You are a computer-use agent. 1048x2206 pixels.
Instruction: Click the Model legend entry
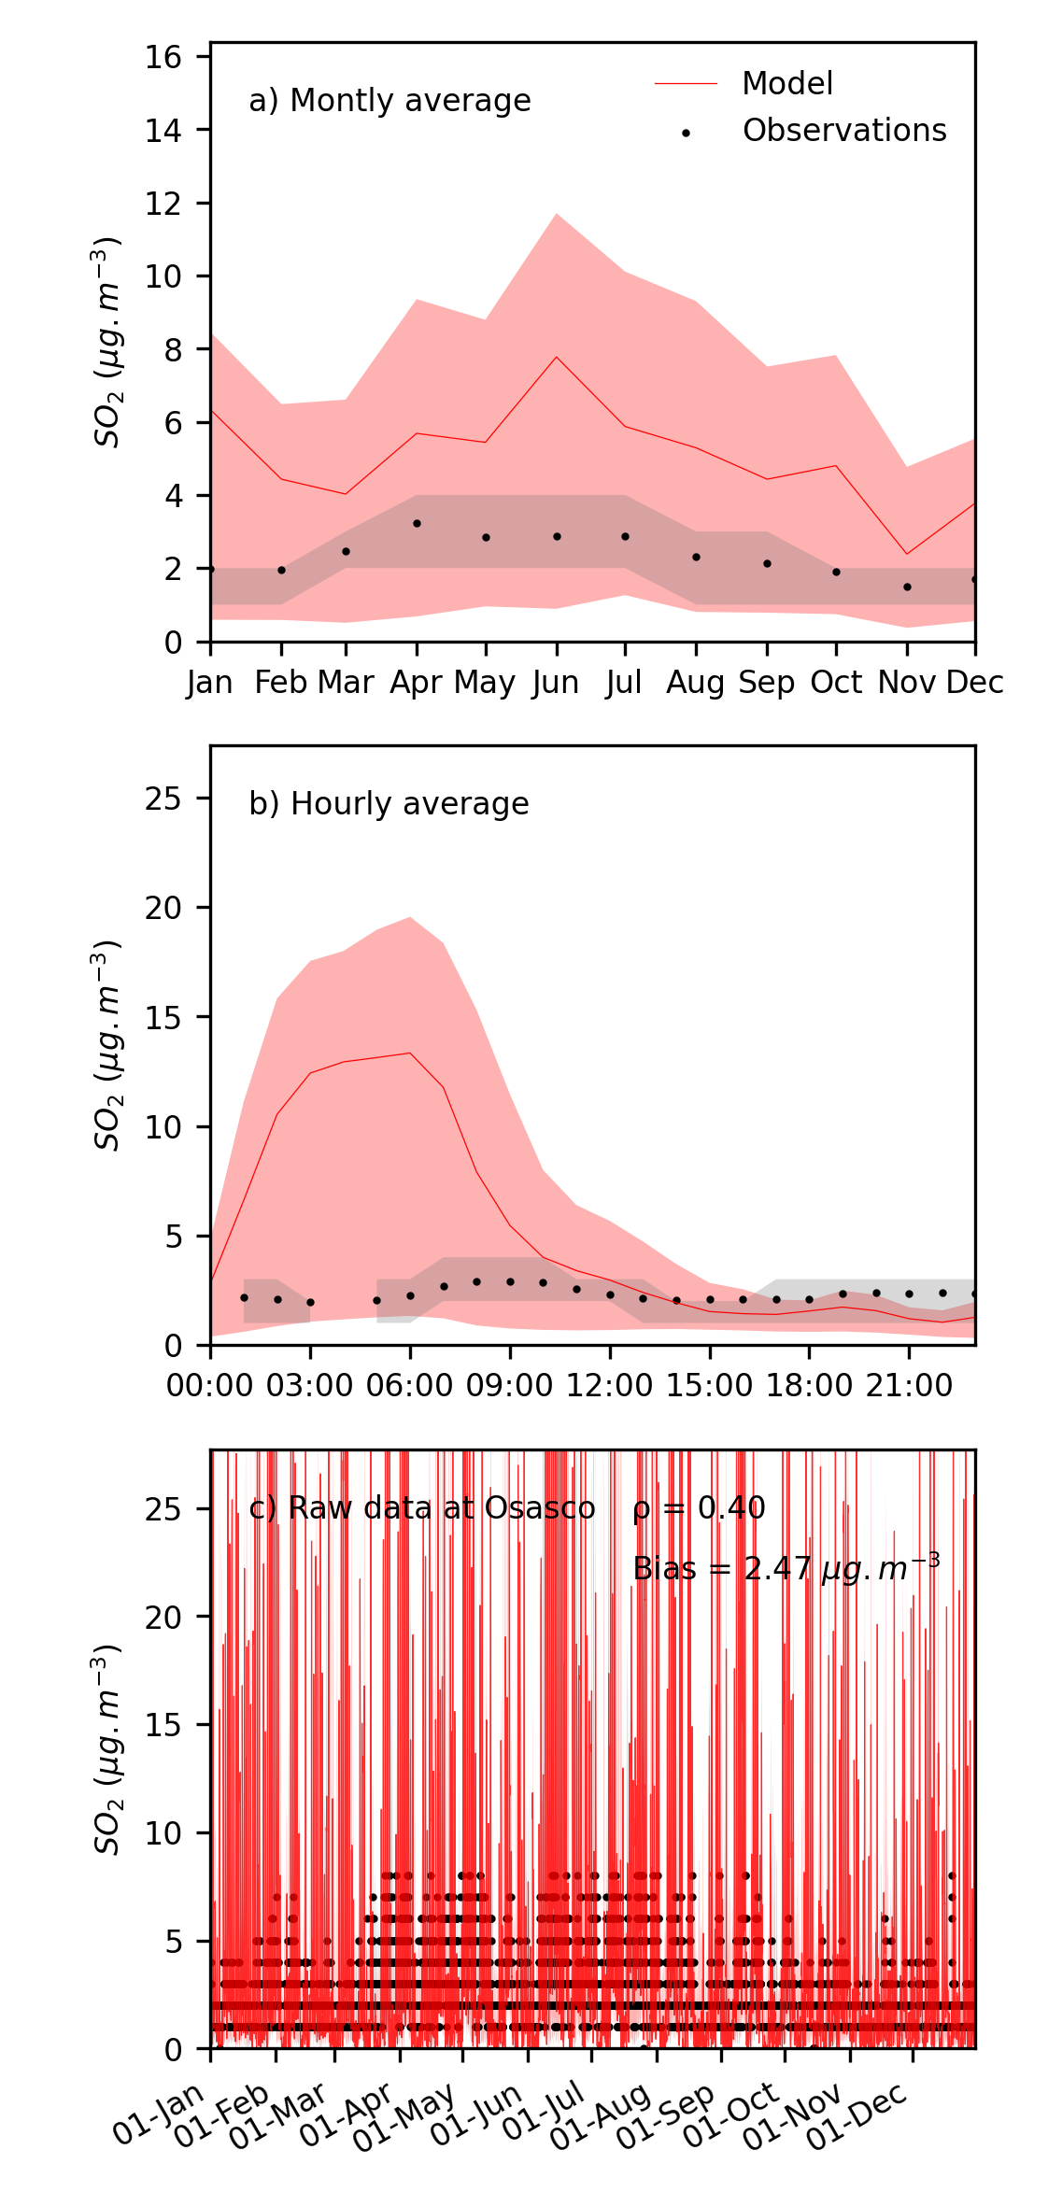pyautogui.click(x=786, y=84)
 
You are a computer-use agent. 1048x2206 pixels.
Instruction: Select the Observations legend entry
pyautogui.click(x=843, y=131)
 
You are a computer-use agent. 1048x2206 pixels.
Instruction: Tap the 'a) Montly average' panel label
pyautogui.click(x=389, y=101)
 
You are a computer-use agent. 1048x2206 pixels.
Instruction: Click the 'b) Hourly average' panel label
pyautogui.click(x=389, y=804)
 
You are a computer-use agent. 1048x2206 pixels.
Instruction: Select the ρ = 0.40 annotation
pyautogui.click(x=699, y=1508)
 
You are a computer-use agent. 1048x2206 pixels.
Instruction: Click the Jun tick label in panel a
pyautogui.click(x=556, y=683)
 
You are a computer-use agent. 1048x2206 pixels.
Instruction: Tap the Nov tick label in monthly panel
pyautogui.click(x=906, y=683)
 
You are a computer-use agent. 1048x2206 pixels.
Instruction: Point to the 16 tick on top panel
pyautogui.click(x=163, y=57)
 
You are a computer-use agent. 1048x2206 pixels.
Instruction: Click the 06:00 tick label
pyautogui.click(x=409, y=1385)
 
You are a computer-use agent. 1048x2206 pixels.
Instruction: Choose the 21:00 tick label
pyautogui.click(x=909, y=1385)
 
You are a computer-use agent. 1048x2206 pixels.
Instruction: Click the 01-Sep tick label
pyautogui.click(x=667, y=2115)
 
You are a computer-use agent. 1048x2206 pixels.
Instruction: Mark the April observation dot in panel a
pyautogui.click(x=417, y=524)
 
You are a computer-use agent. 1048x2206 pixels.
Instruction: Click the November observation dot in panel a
pyautogui.click(x=906, y=587)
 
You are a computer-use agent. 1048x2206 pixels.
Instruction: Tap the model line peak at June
pyautogui.click(x=557, y=357)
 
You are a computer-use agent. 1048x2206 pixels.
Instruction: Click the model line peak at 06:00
pyautogui.click(x=410, y=1053)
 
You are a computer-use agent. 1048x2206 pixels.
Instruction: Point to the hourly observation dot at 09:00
pyautogui.click(x=510, y=1282)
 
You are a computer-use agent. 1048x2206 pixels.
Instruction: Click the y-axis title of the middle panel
pyautogui.click(x=107, y=1045)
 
